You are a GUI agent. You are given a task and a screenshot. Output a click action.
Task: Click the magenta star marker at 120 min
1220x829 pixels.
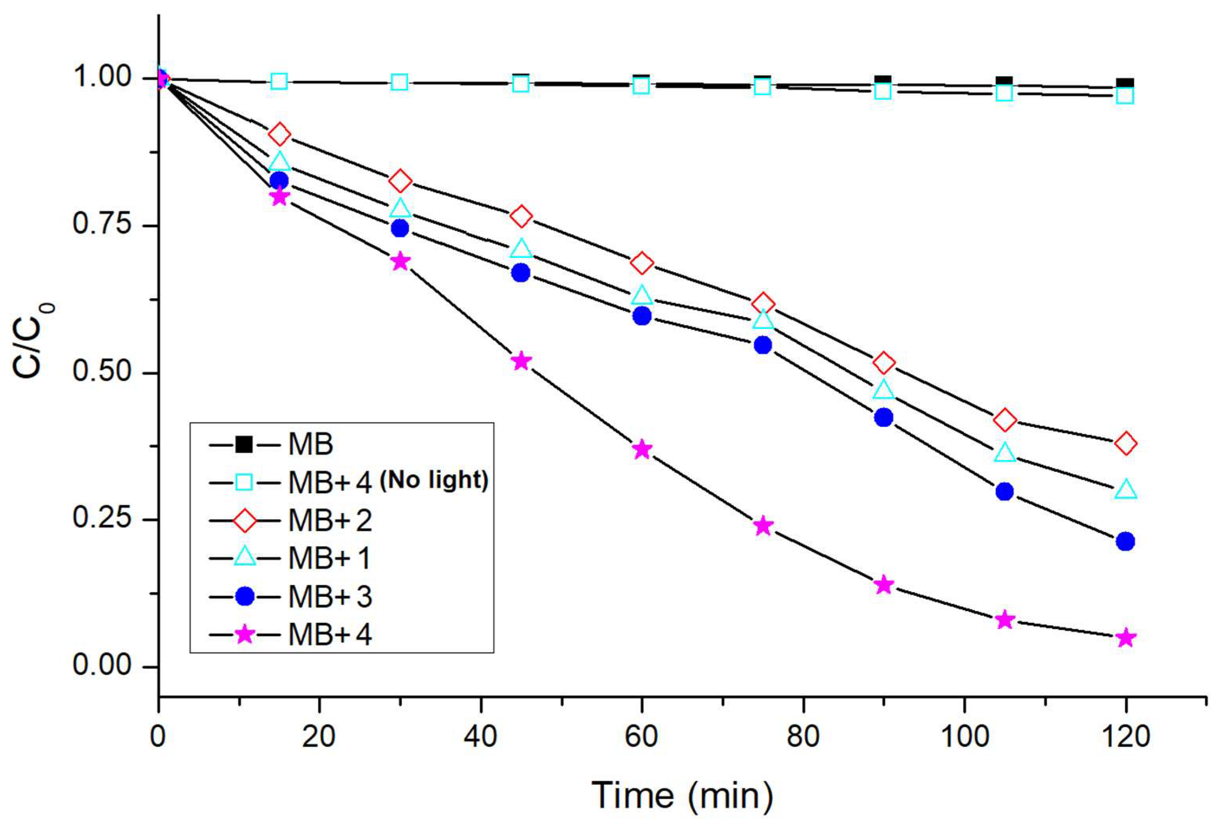pyautogui.click(x=1125, y=638)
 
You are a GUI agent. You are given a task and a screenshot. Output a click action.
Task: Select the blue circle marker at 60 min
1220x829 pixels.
pyautogui.click(x=642, y=316)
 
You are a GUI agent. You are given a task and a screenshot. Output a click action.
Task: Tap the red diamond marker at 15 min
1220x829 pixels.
pyautogui.click(x=279, y=134)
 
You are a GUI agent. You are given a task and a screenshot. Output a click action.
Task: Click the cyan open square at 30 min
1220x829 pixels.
pyautogui.click(x=400, y=83)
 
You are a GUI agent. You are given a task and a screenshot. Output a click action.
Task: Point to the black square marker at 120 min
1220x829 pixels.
pyautogui.click(x=1125, y=83)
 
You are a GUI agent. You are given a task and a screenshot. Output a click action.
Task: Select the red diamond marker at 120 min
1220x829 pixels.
pyautogui.click(x=1125, y=444)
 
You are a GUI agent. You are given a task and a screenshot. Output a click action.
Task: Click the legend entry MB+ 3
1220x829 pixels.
pyautogui.click(x=330, y=597)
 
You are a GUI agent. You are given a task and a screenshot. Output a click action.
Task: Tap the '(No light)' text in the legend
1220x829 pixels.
pyautogui.click(x=434, y=479)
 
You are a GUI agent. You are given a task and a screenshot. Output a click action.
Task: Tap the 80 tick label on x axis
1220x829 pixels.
pyautogui.click(x=803, y=737)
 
